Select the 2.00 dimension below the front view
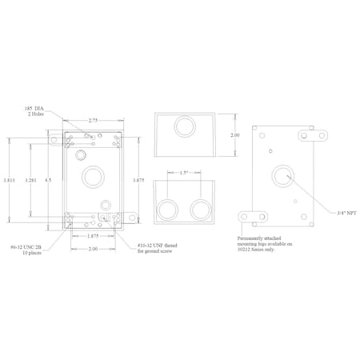pyautogui.click(x=94, y=250)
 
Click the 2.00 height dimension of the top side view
pyautogui.click(x=234, y=135)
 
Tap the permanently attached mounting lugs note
pyautogui.click(x=266, y=243)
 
